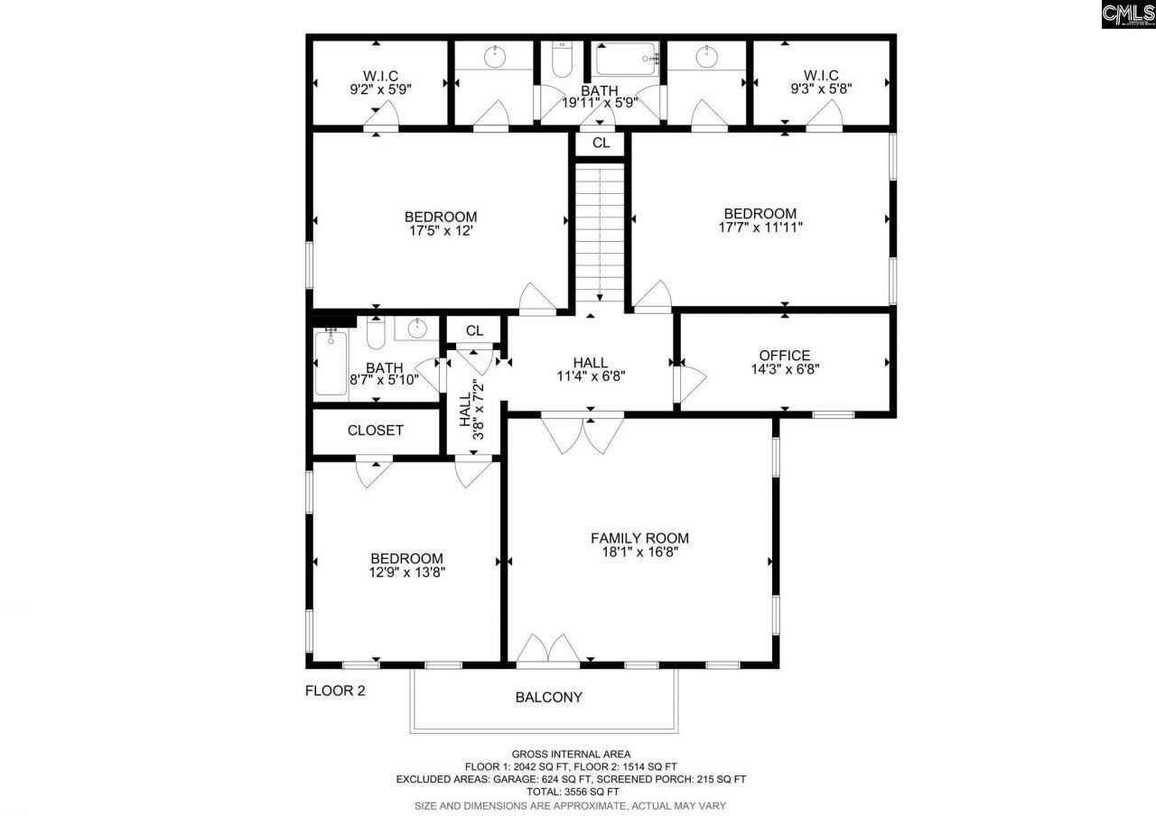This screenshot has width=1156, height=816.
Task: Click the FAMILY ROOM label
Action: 639,538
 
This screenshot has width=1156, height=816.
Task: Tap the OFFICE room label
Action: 784,356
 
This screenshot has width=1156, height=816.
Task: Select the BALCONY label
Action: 548,697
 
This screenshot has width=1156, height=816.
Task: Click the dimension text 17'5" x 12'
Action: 441,230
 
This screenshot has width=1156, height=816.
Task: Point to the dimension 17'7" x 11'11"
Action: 760,227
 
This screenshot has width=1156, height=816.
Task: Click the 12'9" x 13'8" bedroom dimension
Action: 406,571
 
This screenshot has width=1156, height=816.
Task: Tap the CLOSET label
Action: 376,431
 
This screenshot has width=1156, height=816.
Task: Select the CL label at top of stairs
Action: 601,143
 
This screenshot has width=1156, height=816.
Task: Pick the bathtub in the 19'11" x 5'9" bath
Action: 627,60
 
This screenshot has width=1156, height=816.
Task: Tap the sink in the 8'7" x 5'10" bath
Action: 416,328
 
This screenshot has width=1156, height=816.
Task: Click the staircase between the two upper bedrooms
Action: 601,230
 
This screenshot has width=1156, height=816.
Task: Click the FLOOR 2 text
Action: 335,691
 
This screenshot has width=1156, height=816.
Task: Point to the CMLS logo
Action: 1128,15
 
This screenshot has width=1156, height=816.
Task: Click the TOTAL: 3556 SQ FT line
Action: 570,792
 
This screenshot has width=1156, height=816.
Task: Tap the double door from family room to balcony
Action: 547,651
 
